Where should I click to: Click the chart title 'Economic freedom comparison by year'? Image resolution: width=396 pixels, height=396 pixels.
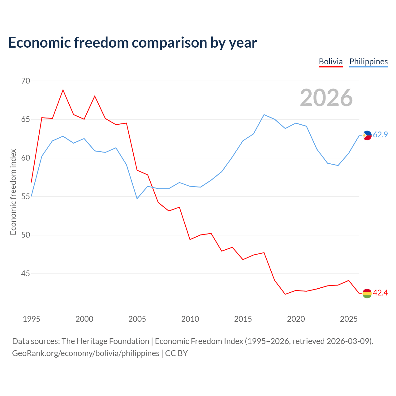[x=132, y=43]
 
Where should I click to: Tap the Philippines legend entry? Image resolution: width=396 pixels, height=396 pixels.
[x=368, y=62]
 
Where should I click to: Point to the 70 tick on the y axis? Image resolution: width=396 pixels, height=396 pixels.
[x=25, y=81]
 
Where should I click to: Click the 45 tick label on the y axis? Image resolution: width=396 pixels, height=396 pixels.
[x=25, y=273]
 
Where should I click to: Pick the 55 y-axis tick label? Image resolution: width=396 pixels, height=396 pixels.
[x=25, y=196]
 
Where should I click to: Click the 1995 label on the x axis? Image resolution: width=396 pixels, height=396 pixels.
[x=32, y=319]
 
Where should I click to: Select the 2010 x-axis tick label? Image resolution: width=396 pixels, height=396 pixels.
[x=190, y=319]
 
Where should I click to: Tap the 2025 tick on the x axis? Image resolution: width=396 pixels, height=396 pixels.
[x=349, y=319]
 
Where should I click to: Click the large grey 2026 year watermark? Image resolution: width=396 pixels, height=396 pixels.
[x=326, y=98]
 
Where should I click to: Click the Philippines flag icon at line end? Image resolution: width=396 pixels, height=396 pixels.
[x=367, y=135]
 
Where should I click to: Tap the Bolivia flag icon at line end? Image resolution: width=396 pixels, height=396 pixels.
[x=367, y=293]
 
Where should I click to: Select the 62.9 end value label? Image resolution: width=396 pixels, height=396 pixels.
[x=381, y=135]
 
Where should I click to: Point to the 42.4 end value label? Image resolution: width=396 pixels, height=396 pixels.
[x=381, y=293]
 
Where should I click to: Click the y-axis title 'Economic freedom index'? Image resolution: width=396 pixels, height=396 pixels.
[x=13, y=192]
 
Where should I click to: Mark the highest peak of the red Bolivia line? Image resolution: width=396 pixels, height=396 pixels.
[x=63, y=90]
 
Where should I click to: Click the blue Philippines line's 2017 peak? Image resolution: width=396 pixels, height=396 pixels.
[x=264, y=114]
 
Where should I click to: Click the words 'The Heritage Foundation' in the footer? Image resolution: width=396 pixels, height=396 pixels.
[x=105, y=341]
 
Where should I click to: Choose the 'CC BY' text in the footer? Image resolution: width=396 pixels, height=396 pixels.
[x=177, y=354]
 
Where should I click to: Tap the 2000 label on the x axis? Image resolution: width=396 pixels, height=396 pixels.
[x=84, y=319]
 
